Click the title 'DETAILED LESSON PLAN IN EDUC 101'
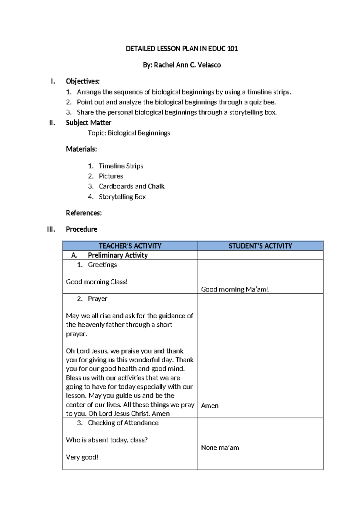click(x=182, y=49)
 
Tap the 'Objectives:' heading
click(x=83, y=81)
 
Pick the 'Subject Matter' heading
click(x=89, y=123)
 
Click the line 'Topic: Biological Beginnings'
click(x=129, y=133)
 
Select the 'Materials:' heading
click(x=82, y=149)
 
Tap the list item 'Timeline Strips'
click(x=121, y=166)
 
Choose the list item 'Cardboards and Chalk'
click(x=132, y=186)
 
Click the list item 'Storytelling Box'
click(x=122, y=197)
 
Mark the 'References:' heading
click(x=84, y=213)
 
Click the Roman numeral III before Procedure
click(x=51, y=229)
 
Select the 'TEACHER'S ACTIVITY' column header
click(x=130, y=246)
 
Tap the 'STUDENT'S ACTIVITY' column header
click(x=260, y=246)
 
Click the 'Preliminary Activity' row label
click(x=118, y=255)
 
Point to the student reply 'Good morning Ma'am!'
click(x=235, y=289)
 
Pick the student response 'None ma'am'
click(x=220, y=448)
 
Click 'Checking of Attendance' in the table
click(x=123, y=423)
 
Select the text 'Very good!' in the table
click(x=82, y=457)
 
